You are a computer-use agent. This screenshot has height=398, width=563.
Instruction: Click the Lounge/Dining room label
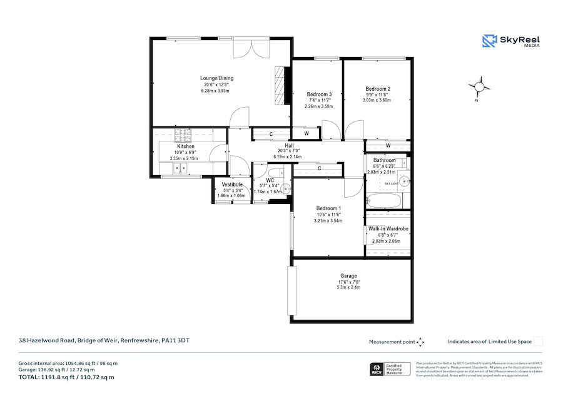point(216,78)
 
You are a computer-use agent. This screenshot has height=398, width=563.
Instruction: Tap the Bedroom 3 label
point(320,94)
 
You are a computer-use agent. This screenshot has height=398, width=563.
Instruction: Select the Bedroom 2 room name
point(378,88)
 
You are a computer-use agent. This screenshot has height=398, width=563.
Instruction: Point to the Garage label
point(348,276)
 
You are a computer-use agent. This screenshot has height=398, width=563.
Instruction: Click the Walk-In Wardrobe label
point(388,229)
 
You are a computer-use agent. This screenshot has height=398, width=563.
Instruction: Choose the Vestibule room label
point(231,184)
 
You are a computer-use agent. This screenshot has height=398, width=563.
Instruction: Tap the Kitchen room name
point(186,146)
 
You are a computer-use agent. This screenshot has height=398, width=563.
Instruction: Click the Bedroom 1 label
point(328,208)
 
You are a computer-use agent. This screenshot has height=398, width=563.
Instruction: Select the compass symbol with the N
point(480,87)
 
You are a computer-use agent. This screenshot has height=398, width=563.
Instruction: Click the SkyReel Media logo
point(511,41)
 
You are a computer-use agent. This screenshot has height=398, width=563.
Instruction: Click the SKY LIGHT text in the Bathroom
point(390,183)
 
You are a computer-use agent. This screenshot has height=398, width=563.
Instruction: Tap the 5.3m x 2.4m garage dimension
point(348,288)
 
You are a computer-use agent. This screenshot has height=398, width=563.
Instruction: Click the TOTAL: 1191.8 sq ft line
point(66,377)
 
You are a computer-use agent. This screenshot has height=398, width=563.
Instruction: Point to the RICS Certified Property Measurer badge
point(390,369)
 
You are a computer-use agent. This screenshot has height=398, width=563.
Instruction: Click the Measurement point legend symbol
point(420,342)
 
